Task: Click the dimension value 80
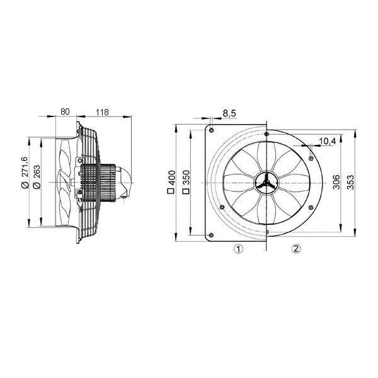pos(65,112)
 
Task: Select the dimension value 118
pos(102,112)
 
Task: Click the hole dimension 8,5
pos(229,113)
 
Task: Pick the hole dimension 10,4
pos(328,141)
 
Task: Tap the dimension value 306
pos(336,182)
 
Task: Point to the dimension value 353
pos(351,182)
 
